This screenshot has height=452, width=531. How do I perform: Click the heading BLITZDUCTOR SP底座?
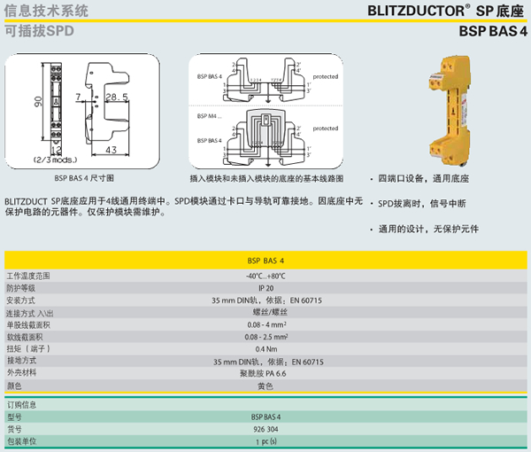pyautogui.click(x=448, y=12)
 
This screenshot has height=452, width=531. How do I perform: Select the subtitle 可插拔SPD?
pyautogui.click(x=39, y=30)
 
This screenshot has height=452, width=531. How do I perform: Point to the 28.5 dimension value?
pyautogui.click(x=116, y=96)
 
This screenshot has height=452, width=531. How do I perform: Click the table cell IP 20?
pyautogui.click(x=265, y=287)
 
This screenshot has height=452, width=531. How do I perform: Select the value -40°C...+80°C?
pyautogui.click(x=265, y=276)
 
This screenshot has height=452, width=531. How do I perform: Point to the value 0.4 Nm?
pyautogui.click(x=265, y=349)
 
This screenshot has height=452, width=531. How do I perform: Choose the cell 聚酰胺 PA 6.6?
pyautogui.click(x=265, y=374)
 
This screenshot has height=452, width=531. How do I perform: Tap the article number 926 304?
pyautogui.click(x=265, y=428)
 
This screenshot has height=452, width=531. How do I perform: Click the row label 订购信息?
pyautogui.click(x=21, y=404)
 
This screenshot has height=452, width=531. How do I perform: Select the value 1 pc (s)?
pyautogui.click(x=265, y=440)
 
